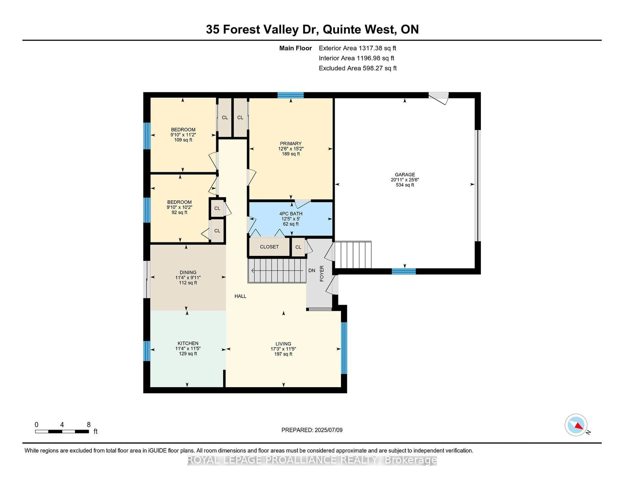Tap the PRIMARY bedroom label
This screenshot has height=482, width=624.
point(291,143)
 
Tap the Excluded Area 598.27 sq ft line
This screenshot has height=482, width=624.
point(357,68)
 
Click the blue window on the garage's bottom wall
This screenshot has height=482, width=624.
point(403,271)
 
